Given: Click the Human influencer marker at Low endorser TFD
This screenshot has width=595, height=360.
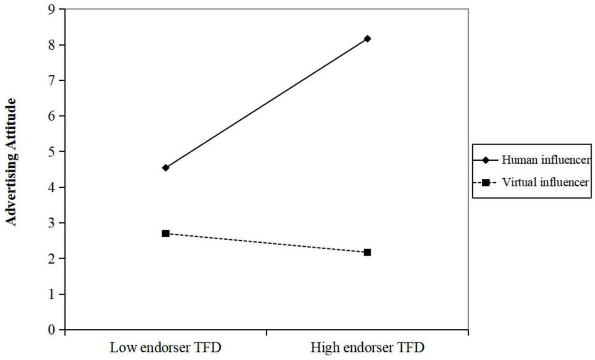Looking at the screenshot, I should (166, 168).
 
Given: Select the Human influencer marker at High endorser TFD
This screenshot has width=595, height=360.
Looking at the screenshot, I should (367, 39).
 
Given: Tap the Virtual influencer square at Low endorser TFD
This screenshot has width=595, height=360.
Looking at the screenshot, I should (166, 233).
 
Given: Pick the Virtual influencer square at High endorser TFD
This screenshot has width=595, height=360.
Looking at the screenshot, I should (367, 252).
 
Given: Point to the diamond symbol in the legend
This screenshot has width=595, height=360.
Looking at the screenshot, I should (485, 160).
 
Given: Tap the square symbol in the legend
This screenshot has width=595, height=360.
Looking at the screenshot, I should (485, 182).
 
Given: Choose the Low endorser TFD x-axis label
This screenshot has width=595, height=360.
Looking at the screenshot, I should (165, 348).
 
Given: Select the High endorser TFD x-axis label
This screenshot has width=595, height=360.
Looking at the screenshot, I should (368, 348).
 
